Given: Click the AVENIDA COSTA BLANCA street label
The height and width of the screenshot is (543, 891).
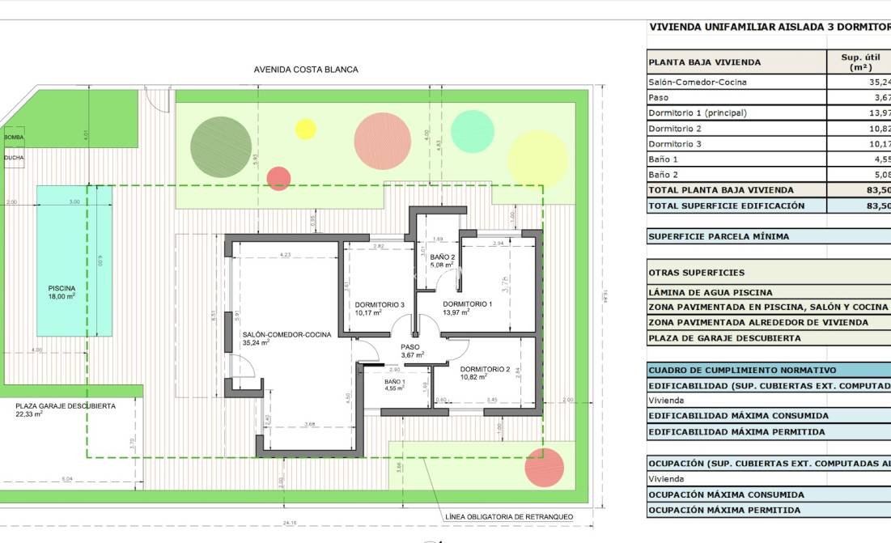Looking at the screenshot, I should click(x=306, y=70).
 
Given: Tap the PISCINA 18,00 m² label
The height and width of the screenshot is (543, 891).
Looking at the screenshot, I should click(x=62, y=292).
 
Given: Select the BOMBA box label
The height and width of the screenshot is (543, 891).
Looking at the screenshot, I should click(x=14, y=138).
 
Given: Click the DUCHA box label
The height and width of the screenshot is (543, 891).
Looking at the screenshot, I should click(x=14, y=159).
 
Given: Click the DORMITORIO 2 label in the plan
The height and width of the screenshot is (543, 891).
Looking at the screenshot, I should click(x=485, y=372).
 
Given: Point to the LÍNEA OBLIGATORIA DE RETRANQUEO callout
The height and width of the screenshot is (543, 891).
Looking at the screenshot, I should click(x=509, y=516).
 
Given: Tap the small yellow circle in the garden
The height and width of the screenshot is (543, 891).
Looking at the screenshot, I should click(x=305, y=129).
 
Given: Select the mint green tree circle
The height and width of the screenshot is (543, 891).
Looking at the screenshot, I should click(x=472, y=131).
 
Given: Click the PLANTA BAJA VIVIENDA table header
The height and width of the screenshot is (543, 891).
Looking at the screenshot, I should click(x=704, y=62).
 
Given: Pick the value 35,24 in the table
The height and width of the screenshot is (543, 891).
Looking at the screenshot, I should click(x=879, y=83).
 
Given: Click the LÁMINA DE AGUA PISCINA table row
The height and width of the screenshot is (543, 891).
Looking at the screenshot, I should click(x=711, y=292).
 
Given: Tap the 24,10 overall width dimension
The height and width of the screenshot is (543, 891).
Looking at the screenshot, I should click(x=290, y=524).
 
